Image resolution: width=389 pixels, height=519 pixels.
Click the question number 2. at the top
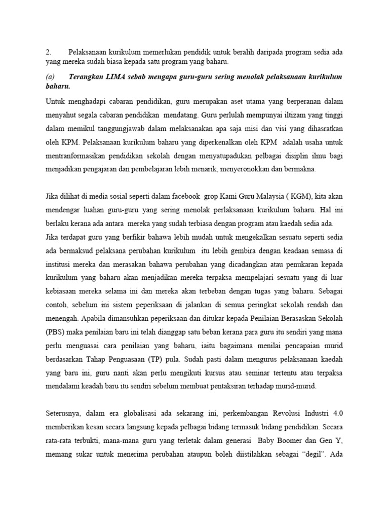[48, 52]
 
